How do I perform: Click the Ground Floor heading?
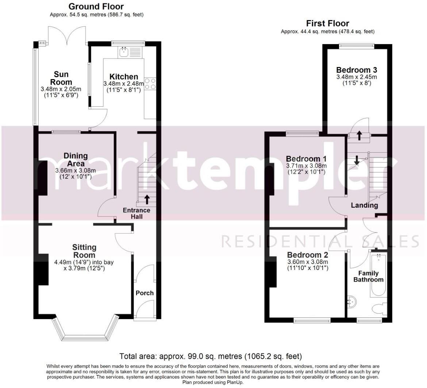point(96,7)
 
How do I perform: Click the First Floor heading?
point(327,23)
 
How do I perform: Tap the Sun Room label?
point(61,78)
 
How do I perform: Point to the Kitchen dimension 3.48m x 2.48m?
point(124,84)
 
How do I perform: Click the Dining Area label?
point(76,160)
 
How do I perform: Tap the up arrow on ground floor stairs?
point(147,199)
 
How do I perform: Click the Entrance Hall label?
point(136,213)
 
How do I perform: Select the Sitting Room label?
point(84,251)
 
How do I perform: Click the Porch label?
point(145,293)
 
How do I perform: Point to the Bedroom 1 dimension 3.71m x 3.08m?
point(306,165)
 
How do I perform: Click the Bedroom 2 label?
point(307,255)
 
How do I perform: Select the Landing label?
point(364,205)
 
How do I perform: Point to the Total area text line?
point(211,356)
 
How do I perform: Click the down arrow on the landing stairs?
point(357,159)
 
